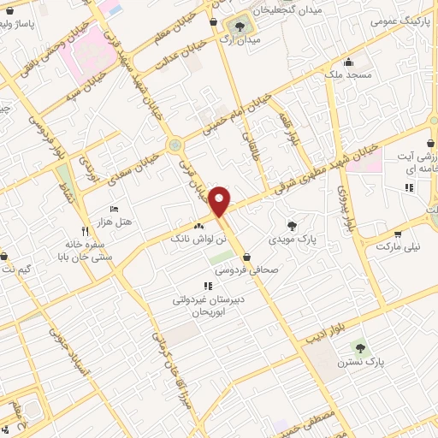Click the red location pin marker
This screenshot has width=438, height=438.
[221, 200]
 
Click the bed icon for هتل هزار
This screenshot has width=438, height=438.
[115, 210]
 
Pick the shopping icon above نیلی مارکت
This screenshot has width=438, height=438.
[398, 234]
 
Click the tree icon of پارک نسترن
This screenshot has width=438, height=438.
[358, 347]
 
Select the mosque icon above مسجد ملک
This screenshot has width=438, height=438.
[348, 62]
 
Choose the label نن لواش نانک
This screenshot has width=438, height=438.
[200, 240]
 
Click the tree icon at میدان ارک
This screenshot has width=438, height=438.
[240, 27]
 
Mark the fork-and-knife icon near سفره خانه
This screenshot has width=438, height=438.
[84, 231]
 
